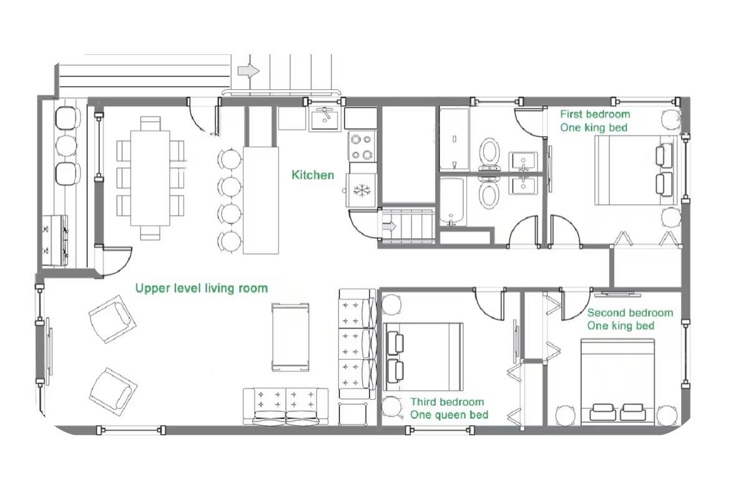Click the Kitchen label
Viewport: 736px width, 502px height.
point(313,175)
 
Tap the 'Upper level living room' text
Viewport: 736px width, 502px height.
point(202,288)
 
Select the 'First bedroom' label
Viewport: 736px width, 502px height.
point(595,114)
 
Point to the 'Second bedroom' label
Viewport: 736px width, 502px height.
point(630,312)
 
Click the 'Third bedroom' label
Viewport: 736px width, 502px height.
point(447,402)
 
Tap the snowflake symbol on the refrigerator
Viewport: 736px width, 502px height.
point(361,190)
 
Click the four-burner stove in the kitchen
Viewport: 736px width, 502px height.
point(362,147)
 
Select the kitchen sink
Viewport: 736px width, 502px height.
point(325,118)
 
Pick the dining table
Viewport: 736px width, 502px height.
point(150,178)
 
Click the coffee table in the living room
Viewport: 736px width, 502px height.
point(290,337)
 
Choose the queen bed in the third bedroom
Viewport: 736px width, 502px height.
point(423,357)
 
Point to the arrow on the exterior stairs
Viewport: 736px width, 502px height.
point(248,70)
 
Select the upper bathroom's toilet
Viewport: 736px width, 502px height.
point(489,154)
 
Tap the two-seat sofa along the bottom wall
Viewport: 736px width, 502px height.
point(286,407)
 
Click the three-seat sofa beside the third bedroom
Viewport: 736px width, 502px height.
point(357,344)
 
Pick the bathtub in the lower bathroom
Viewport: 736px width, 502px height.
point(452,201)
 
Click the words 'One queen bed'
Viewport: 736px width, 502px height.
point(449,415)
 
